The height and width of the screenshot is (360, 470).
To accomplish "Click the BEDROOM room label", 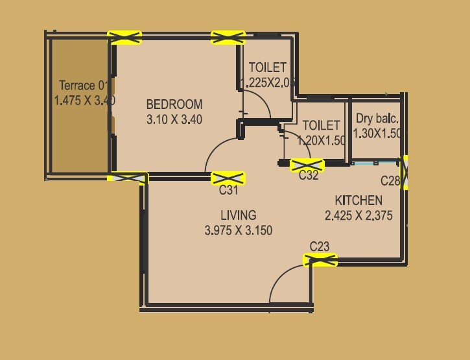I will (174, 104).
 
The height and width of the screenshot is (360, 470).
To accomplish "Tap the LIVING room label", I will (238, 215).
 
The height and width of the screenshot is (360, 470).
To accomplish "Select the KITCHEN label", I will (358, 200).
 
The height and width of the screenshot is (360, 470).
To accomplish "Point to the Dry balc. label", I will (377, 119).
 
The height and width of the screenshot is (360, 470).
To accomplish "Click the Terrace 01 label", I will (82, 86).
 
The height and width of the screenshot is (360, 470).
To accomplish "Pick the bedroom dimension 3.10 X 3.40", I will (174, 119).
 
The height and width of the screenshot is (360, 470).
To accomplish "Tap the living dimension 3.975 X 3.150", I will (238, 230).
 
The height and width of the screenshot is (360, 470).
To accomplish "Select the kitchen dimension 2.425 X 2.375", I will (358, 216).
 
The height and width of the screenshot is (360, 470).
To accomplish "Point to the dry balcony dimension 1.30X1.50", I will (378, 134).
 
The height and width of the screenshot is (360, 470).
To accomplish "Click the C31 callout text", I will (229, 190).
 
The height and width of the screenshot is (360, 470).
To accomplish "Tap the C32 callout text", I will (309, 175).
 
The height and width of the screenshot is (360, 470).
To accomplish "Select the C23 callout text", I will (320, 246).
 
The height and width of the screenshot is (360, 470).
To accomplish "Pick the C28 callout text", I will (390, 181).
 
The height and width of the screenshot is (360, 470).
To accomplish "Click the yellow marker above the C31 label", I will (228, 177).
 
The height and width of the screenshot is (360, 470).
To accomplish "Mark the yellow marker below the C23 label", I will (320, 260).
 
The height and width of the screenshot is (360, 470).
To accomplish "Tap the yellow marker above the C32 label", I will (307, 164).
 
